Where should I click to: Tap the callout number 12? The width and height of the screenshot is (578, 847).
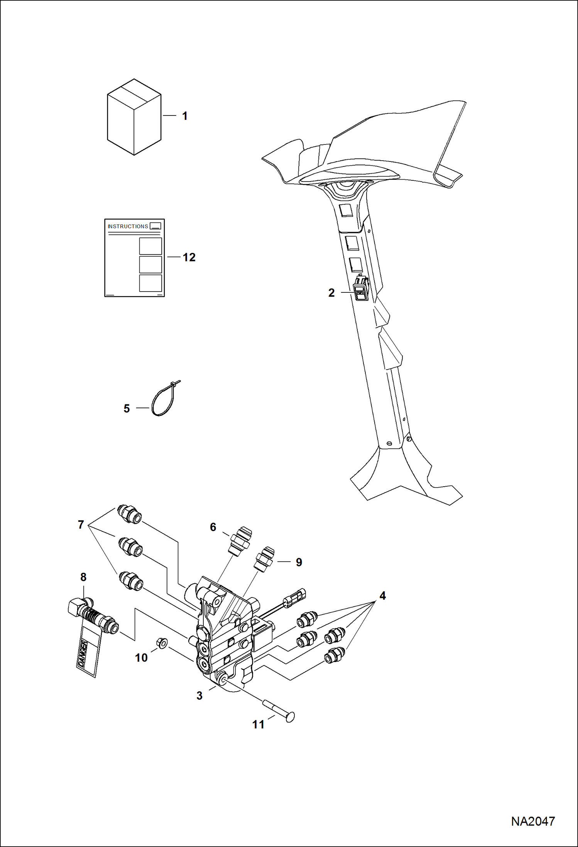189,257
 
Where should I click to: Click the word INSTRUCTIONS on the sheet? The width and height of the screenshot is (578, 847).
128,226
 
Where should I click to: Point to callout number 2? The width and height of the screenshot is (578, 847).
331,293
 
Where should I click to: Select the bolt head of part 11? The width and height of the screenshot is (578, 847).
291,717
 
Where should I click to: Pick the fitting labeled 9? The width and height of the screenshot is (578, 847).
265,559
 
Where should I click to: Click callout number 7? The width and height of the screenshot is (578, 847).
81,524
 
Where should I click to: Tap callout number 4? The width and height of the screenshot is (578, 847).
382,596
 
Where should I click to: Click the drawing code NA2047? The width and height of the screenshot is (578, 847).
533,822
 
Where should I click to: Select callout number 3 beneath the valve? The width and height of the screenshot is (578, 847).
199,696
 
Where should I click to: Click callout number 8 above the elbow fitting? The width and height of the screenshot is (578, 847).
83,577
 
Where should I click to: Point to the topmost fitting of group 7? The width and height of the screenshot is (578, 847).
130,514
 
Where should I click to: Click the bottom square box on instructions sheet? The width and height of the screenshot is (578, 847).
150,283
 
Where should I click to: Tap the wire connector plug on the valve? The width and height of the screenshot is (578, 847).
295,598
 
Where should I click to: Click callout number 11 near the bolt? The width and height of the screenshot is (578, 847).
259,725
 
